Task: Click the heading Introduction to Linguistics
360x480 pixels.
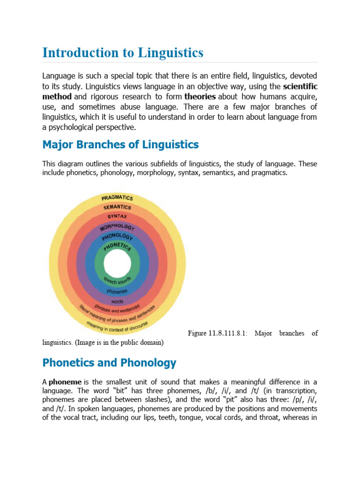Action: click(x=123, y=52)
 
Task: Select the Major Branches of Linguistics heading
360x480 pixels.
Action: click(x=120, y=144)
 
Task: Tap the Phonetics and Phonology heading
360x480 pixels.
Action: click(x=109, y=362)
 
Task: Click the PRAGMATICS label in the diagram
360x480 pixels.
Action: click(x=117, y=197)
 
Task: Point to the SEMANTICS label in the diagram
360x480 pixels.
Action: click(x=117, y=207)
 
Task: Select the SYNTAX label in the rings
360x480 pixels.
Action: click(x=117, y=217)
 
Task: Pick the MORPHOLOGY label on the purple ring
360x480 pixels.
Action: click(x=117, y=227)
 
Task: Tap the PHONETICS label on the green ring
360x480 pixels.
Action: click(x=117, y=246)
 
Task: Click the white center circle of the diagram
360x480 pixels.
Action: click(x=117, y=264)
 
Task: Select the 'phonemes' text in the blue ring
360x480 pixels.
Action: click(x=117, y=292)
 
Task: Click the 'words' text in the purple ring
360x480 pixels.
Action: click(x=117, y=301)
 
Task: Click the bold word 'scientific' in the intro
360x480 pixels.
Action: click(x=300, y=86)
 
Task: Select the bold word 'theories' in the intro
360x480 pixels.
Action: click(x=200, y=97)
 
